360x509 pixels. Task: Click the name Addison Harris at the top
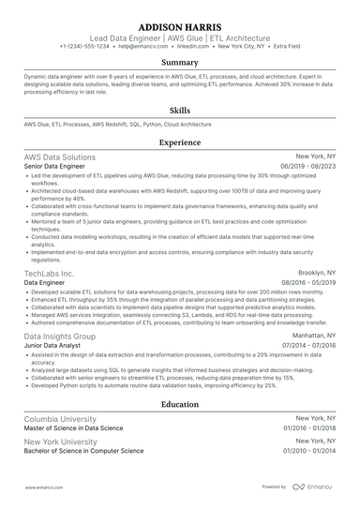[179, 25]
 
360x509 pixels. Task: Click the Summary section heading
[179, 63]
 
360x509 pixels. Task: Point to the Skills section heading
[179, 109]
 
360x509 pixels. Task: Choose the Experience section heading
[179, 142]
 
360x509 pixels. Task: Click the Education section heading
[179, 404]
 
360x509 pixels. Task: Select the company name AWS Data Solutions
[59, 157]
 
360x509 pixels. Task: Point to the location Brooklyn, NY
[315, 272]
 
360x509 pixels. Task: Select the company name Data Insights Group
[59, 336]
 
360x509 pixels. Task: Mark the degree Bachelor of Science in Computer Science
[84, 450]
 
